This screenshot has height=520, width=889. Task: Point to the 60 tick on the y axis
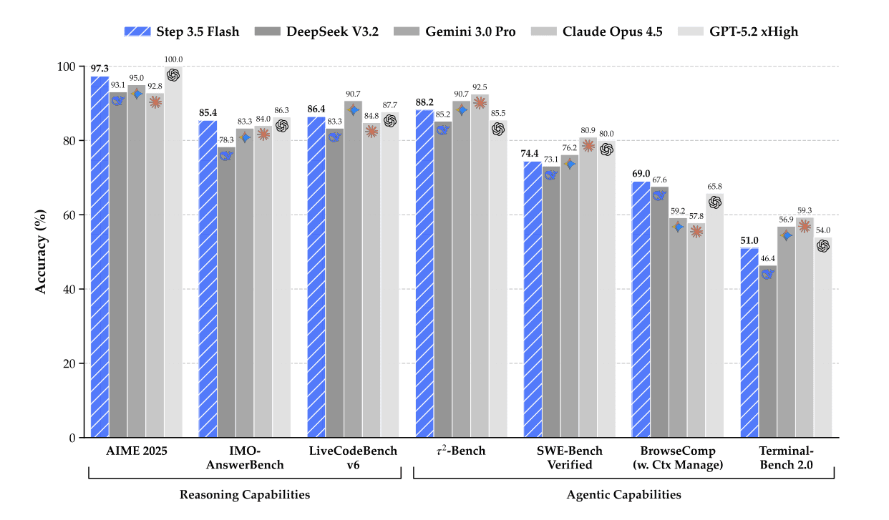point(69,215)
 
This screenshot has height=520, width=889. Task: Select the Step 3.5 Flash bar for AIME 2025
point(99,257)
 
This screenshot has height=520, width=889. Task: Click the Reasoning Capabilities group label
point(244,494)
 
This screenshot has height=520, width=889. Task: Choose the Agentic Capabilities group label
point(623,494)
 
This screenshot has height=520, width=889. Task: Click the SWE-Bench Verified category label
point(570,458)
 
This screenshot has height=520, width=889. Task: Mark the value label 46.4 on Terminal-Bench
point(768,258)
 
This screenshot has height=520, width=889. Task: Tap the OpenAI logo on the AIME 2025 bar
point(173,74)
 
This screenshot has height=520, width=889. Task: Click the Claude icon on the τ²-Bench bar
point(480,103)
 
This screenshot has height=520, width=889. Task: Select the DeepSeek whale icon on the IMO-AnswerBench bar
point(226,156)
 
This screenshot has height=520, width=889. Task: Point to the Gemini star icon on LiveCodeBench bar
point(353,110)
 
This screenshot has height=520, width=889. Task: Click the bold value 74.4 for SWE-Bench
point(532,153)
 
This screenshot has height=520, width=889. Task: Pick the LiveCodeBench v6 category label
point(353,458)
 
